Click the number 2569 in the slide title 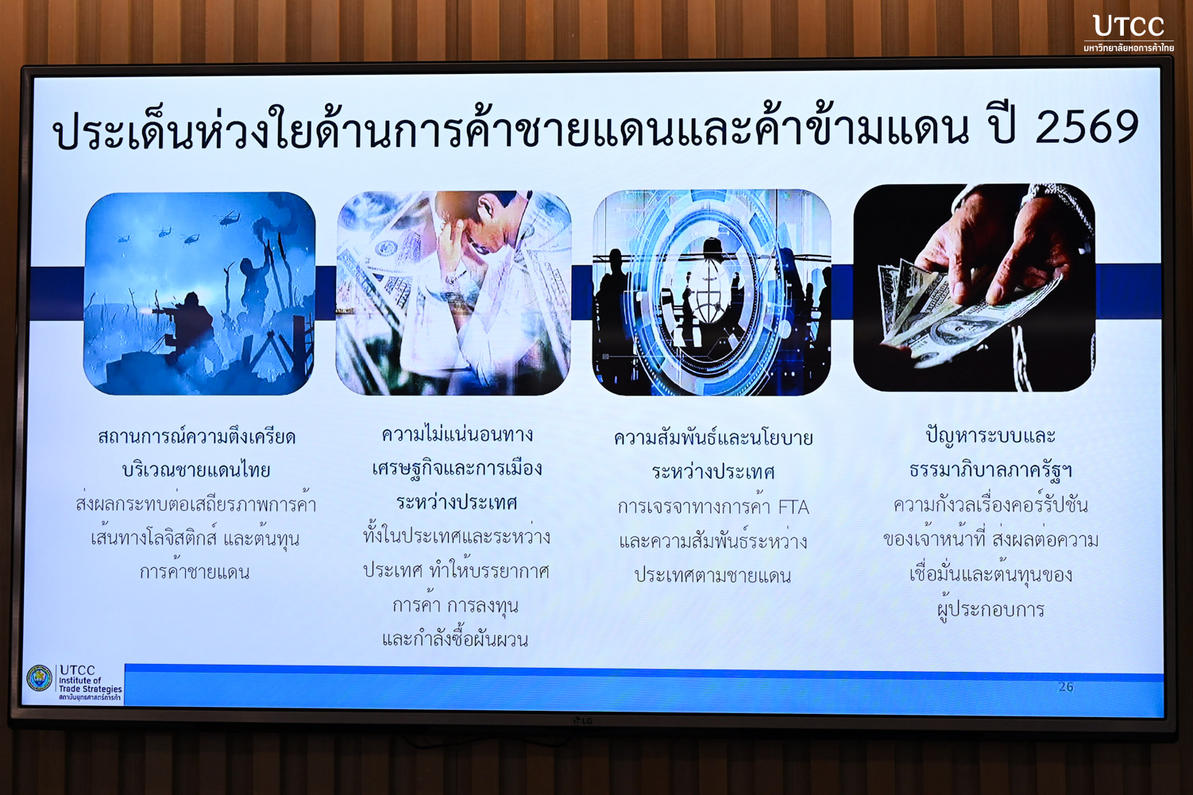coord(1087,128)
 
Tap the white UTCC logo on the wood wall coord(1128,26)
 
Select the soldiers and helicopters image coord(199,293)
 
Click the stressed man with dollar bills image coord(454,293)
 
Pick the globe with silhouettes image coord(712,292)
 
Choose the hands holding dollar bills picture coord(974,288)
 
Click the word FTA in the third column coord(793,507)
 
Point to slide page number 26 coord(1066,687)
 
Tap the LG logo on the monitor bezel coord(582,721)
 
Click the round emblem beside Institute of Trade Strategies coord(40,677)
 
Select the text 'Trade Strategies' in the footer coord(91,689)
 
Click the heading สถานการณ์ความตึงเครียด coord(196,437)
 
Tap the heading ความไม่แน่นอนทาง coord(458,434)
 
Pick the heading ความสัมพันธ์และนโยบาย coord(713,438)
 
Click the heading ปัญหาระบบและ coord(990,435)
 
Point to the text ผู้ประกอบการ coord(990,608)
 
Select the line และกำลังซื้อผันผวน coord(455,639)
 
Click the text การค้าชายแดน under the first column coord(195,571)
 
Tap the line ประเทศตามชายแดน coord(713,575)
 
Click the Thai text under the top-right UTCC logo coord(1129,48)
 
